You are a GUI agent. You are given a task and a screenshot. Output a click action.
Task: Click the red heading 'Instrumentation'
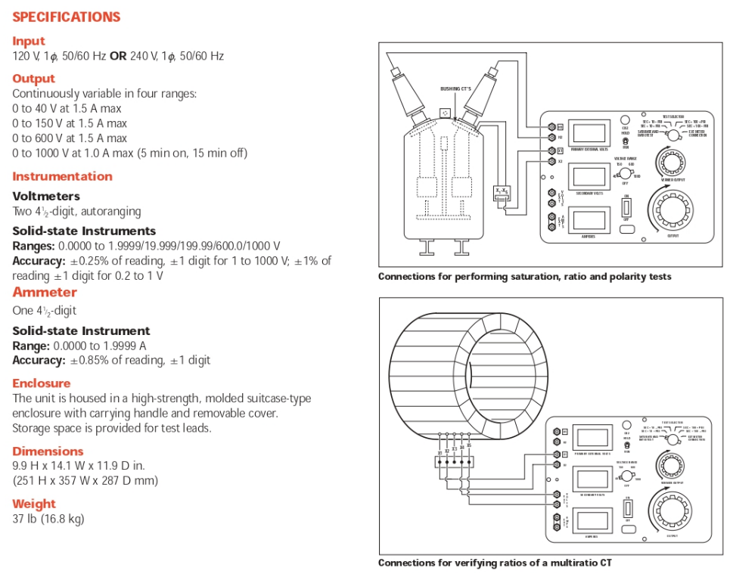(x=62, y=176)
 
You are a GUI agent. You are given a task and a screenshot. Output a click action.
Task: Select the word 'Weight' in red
(x=34, y=504)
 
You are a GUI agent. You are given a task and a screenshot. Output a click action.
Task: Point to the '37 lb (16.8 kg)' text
(x=48, y=519)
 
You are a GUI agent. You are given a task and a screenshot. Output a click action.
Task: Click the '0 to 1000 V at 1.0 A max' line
(x=129, y=153)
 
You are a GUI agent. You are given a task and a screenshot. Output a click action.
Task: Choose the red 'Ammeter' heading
(x=45, y=292)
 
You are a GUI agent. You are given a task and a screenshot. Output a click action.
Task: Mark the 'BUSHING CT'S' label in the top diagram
(x=455, y=88)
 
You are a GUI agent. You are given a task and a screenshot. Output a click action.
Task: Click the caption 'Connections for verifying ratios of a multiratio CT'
(x=495, y=563)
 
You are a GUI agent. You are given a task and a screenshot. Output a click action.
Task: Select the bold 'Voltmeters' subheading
(x=46, y=196)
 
